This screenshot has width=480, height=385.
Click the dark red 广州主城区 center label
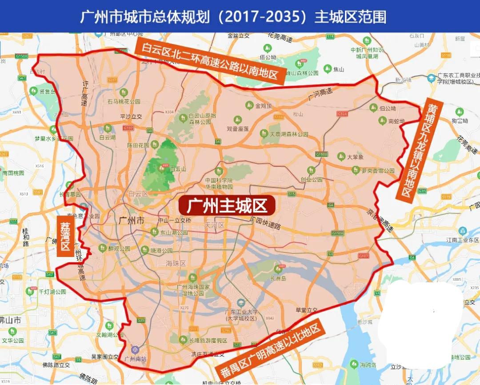point(227,206)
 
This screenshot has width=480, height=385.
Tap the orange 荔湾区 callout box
point(65,236)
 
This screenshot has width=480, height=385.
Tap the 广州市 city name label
point(132,220)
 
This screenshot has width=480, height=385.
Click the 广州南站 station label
point(136,359)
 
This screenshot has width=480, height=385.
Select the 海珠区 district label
point(175,263)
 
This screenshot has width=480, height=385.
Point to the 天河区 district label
point(214,226)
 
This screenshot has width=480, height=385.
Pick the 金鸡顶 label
point(264,106)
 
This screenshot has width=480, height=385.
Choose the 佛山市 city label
point(10,320)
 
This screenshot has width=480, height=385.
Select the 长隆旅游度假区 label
point(208,341)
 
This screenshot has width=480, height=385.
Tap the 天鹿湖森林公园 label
point(289,133)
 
